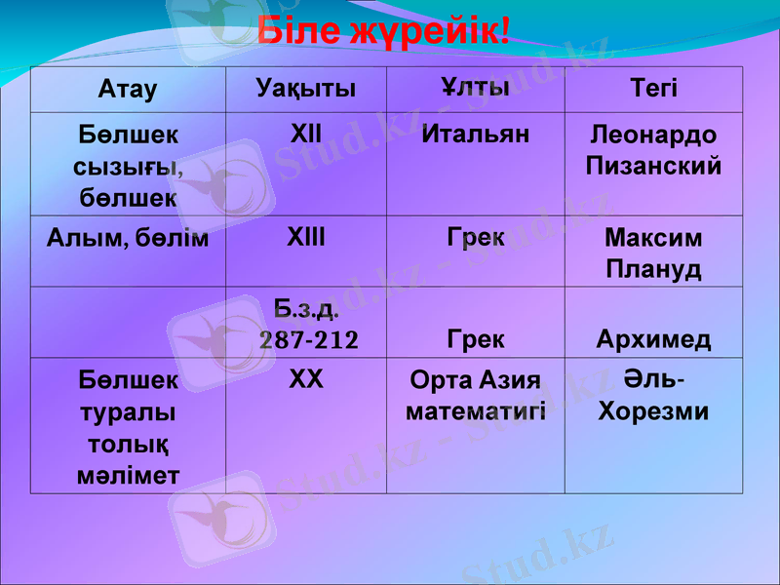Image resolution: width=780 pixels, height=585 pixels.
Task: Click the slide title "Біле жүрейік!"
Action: pos(384,31)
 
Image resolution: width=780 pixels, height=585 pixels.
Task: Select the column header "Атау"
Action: pos(128,90)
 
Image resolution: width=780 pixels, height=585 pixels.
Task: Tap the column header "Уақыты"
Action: pos(306,90)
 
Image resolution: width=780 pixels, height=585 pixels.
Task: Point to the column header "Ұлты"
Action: pos(475,88)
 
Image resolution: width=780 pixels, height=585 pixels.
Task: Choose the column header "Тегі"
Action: pos(653,90)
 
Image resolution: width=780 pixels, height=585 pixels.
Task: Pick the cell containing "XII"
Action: pos(306,132)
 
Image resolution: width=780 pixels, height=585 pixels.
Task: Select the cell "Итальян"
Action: pos(475,134)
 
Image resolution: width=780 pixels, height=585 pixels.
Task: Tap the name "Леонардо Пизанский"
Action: pos(653,150)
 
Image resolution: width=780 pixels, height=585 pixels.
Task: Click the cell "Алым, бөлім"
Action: pos(128,238)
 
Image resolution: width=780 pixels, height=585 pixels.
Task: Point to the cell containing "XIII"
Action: pos(306,237)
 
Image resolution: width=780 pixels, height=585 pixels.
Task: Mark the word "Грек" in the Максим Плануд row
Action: pos(475,238)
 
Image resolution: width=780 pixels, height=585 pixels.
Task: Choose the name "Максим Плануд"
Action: pos(653,253)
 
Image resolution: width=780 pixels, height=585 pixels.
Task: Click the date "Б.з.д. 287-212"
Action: pos(308,326)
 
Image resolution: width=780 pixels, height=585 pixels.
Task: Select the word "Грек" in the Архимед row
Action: pos(475,339)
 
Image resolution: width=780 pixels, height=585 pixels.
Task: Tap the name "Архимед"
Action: pos(653,339)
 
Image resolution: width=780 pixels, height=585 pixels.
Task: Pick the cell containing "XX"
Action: pos(306,379)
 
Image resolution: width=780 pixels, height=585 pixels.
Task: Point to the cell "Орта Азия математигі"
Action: pos(475,395)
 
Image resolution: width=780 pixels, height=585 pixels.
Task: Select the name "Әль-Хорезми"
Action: pos(653,395)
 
